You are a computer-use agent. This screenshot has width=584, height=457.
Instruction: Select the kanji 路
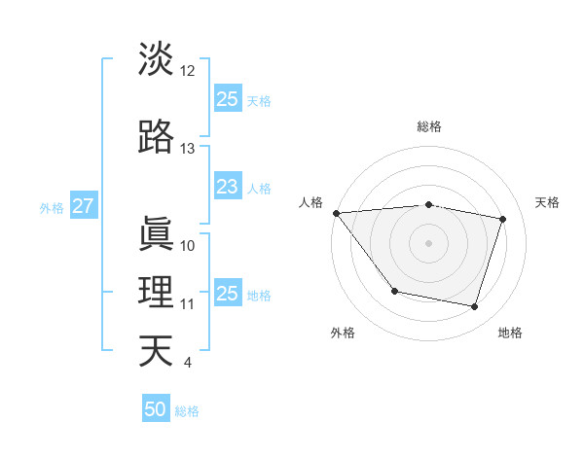[156, 137]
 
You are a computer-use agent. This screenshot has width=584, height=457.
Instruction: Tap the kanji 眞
[156, 233]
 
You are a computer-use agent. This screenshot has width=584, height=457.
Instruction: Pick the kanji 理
[156, 293]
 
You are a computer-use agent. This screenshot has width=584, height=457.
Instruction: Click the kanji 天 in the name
[156, 351]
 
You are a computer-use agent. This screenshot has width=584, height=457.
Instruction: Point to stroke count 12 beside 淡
[188, 70]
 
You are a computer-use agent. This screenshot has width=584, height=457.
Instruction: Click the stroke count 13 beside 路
[188, 149]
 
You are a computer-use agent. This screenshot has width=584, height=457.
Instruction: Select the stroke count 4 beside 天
[187, 363]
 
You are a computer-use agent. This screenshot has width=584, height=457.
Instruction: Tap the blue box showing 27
[83, 206]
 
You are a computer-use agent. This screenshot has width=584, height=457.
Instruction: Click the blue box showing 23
[227, 187]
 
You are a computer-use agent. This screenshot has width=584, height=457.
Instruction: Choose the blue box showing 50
[156, 409]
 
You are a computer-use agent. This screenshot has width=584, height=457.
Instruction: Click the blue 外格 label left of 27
[52, 207]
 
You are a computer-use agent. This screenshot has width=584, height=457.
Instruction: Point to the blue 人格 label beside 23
[259, 188]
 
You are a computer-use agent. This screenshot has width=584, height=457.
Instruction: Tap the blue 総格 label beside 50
[187, 411]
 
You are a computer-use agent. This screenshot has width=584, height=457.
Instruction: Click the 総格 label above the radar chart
[428, 126]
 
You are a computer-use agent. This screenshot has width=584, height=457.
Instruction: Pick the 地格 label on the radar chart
[510, 334]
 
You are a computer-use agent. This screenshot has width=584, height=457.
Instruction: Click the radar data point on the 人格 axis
[336, 213]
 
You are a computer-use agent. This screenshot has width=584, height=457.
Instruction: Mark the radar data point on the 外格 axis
[394, 291]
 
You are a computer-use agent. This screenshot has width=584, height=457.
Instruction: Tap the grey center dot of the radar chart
[428, 243]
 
